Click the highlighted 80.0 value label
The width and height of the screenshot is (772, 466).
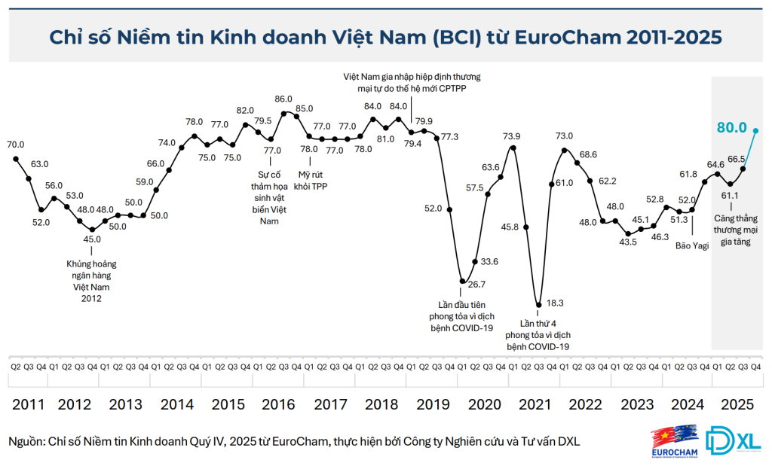click(x=731, y=127)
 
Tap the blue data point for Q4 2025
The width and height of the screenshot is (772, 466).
click(x=756, y=130)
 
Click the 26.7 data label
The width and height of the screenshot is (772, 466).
click(x=476, y=284)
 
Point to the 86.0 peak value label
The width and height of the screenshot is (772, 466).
click(x=283, y=99)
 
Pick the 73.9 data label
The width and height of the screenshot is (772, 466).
click(x=511, y=136)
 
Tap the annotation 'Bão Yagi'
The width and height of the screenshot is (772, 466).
click(x=692, y=245)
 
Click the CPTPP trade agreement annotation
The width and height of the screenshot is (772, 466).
click(x=412, y=82)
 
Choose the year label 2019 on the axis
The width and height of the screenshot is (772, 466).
click(x=432, y=404)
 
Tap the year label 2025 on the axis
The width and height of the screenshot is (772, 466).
click(x=737, y=404)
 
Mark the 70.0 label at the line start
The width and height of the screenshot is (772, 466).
click(x=15, y=144)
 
